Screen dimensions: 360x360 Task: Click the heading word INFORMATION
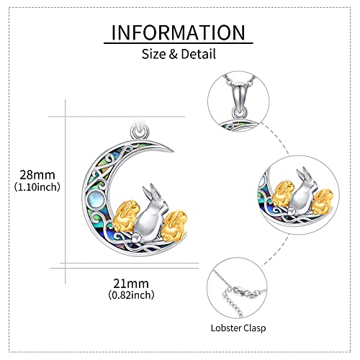[179, 32]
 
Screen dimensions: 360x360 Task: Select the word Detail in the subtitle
[199, 54]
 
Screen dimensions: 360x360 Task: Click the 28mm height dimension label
[37, 175]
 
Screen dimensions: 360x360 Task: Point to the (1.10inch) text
[37, 187]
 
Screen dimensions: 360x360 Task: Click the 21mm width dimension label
[131, 284]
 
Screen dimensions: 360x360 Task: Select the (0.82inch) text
[131, 295]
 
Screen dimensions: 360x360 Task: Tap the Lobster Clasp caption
[238, 328]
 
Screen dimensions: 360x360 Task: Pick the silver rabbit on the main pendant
[149, 216]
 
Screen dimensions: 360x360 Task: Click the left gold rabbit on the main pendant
[126, 216]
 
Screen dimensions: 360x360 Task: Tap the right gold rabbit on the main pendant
[174, 225]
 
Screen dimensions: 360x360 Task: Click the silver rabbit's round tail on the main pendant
[136, 238]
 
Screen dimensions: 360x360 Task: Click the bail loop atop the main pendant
[140, 132]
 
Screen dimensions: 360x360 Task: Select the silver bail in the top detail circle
[239, 100]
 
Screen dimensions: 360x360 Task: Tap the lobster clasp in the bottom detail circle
[243, 292]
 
